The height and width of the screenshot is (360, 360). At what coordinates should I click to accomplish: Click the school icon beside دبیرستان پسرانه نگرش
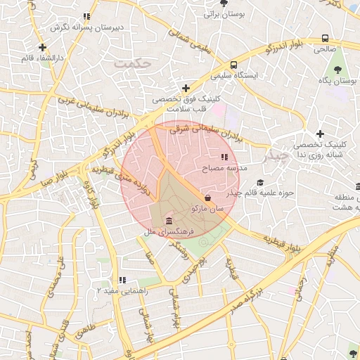pyautogui.click(x=86, y=16)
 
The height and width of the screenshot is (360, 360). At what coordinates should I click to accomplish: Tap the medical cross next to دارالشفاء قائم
pyautogui.click(x=43, y=47)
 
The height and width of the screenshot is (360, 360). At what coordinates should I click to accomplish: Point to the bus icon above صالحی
pyautogui.click(x=325, y=39)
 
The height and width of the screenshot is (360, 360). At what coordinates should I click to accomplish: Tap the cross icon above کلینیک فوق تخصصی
pyautogui.click(x=186, y=88)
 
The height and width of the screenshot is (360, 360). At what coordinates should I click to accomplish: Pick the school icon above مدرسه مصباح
pyautogui.click(x=224, y=157)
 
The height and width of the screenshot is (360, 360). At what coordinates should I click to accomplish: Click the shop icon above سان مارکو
pyautogui.click(x=207, y=198)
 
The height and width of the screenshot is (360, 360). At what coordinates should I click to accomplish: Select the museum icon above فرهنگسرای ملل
pyautogui.click(x=169, y=221)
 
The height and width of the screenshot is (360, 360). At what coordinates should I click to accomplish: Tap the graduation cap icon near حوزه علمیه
pyautogui.click(x=259, y=183)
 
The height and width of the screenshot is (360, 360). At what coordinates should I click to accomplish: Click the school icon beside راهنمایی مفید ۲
pyautogui.click(x=122, y=280)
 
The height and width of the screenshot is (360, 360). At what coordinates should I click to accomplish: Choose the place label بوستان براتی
pyautogui.click(x=222, y=13)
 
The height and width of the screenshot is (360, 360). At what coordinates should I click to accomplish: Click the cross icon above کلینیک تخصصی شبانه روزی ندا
pyautogui.click(x=320, y=134)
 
